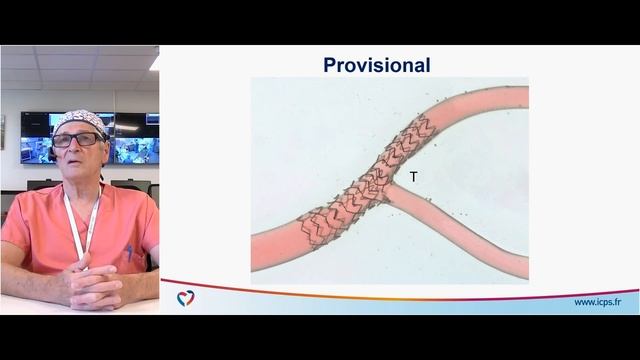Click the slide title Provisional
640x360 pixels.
click(x=376, y=65)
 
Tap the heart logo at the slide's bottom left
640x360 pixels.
click(x=185, y=298)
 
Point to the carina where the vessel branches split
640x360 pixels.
click(x=391, y=184)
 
